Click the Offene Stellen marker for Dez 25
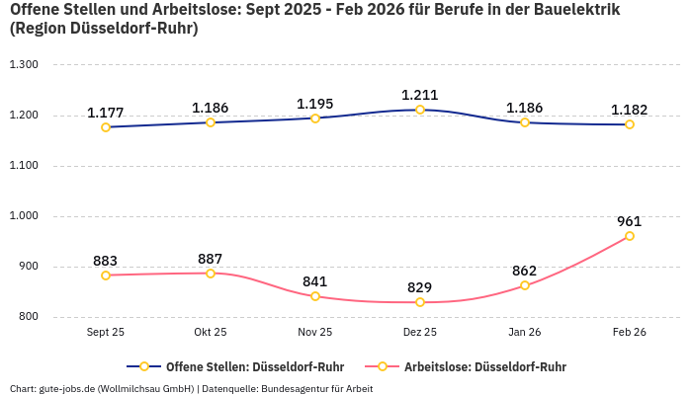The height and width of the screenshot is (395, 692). (420, 110)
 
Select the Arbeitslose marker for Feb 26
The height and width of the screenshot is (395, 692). (630, 236)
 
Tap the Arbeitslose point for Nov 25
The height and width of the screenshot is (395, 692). (315, 296)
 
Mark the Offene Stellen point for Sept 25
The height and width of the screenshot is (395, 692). (106, 126)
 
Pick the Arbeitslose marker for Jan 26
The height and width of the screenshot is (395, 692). (525, 285)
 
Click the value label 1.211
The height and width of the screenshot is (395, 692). (420, 95)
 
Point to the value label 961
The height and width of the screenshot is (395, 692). (630, 221)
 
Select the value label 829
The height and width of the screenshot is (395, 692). (420, 287)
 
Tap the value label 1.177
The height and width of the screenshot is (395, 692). (106, 113)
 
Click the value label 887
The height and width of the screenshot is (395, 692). (211, 259)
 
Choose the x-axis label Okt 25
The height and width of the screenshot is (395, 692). (211, 333)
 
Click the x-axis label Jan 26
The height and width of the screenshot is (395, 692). (525, 333)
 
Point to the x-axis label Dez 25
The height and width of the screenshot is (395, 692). (420, 333)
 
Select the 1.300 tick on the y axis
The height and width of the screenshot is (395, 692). (23, 65)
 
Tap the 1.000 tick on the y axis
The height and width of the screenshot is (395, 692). (23, 216)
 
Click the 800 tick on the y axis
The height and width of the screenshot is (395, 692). (27, 317)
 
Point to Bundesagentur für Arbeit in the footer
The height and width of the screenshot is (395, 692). (317, 388)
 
